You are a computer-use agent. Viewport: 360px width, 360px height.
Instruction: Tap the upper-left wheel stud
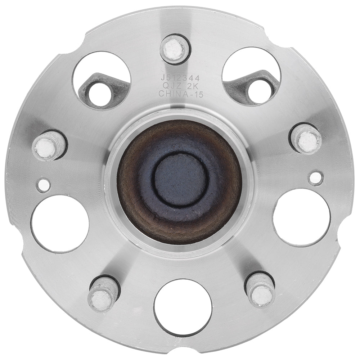click(49, 146)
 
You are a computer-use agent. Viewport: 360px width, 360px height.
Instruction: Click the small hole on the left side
click(44, 185)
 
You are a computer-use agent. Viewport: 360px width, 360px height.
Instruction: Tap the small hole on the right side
click(316, 177)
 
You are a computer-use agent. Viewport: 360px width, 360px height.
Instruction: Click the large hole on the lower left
click(60, 224)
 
